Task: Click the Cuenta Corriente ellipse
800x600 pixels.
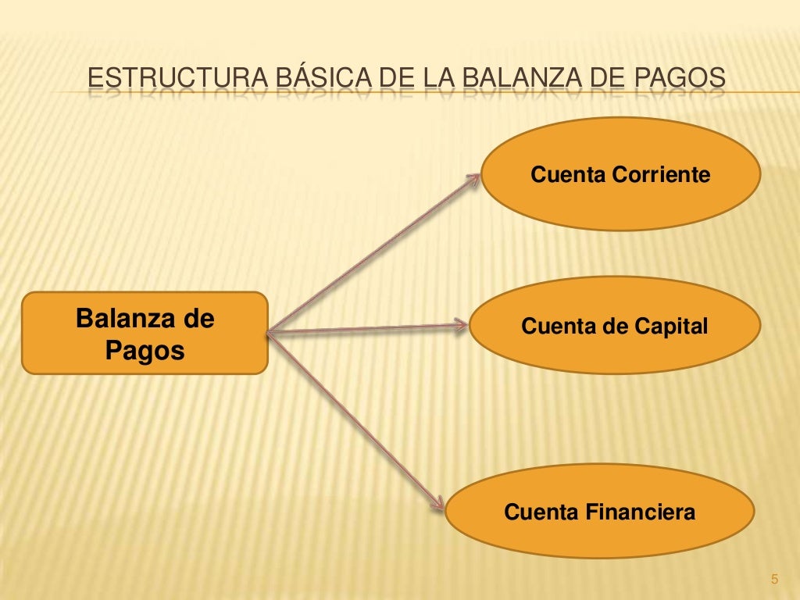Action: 621,174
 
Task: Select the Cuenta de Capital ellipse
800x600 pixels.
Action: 614,326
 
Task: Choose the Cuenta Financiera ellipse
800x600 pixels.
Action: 600,512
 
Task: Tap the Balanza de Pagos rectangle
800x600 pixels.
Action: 145,334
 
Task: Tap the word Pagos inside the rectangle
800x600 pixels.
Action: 145,351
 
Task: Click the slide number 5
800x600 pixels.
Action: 774,579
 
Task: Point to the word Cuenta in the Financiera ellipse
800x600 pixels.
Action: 541,513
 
